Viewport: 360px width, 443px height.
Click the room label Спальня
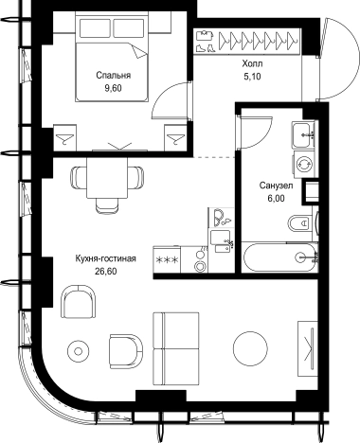point(114,76)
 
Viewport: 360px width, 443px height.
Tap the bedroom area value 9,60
point(113,88)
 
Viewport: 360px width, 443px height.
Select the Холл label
point(252,63)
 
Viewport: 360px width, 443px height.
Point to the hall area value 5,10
point(252,77)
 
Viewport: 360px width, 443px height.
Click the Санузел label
point(276,186)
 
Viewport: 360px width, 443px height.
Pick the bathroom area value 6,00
point(277,198)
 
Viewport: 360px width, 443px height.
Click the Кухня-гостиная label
point(105,258)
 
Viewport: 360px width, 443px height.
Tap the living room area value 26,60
point(105,272)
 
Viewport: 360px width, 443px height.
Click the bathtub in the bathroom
point(279,257)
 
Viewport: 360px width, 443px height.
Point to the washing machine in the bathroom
point(305,165)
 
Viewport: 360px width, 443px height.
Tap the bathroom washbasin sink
point(302,135)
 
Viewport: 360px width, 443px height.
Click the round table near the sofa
point(250,348)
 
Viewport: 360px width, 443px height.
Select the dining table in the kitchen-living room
point(107,178)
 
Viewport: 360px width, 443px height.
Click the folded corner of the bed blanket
point(138,51)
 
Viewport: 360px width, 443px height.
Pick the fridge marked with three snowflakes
point(167,259)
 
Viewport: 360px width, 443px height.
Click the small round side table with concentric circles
point(79,351)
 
